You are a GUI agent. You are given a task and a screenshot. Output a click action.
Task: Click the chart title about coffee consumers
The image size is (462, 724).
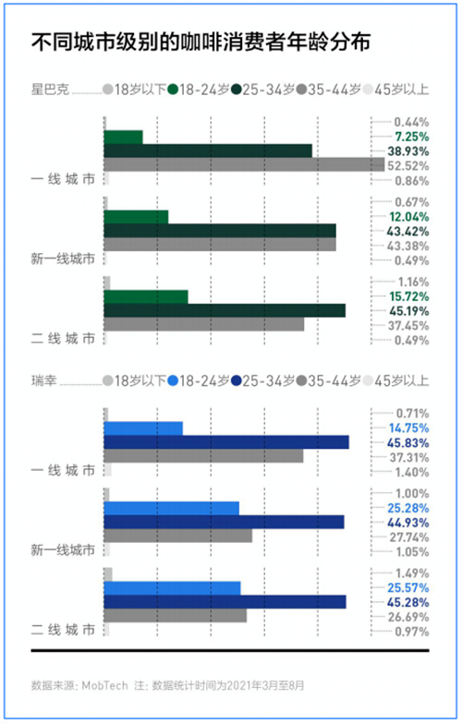coord(201,42)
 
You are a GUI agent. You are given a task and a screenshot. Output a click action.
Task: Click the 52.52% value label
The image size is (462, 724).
coord(408,166)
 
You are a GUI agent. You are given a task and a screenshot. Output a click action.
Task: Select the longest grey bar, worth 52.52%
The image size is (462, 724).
coord(244,164)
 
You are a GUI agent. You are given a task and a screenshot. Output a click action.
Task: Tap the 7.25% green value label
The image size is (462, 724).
coord(412,137)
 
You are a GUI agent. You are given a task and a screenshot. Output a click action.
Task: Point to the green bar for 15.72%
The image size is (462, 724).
coord(146,297)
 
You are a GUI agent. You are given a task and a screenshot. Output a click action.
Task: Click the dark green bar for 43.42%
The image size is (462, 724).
coord(220,231)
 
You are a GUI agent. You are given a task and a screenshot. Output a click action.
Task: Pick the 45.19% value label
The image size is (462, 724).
coord(408,310)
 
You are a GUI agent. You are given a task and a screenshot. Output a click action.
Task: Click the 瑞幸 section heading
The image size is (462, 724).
coord(44,380)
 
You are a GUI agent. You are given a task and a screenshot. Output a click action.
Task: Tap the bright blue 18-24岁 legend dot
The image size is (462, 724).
coord(173,380)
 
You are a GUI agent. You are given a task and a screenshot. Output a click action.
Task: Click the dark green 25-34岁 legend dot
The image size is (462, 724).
coord(237,89)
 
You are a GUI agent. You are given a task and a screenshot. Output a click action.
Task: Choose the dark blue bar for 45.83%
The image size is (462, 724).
coord(226,442)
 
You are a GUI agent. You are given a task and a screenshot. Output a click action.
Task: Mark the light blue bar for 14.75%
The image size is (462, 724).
coord(143,428)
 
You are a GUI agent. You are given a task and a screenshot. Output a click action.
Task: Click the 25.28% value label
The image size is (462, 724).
coord(408,508)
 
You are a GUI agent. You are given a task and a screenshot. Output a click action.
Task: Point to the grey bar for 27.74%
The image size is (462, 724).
coord(177,536)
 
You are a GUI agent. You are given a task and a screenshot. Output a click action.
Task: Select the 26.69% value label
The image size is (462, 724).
coord(408,617)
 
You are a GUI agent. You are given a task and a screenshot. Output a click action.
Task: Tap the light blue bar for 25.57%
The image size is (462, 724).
coord(172,588)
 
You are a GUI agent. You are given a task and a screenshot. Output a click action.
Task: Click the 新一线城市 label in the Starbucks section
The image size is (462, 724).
coord(63,259)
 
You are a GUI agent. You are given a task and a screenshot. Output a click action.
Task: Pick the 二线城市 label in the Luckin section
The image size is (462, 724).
coord(63,630)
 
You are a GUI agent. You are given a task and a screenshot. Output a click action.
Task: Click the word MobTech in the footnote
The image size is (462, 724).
coord(104,685)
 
